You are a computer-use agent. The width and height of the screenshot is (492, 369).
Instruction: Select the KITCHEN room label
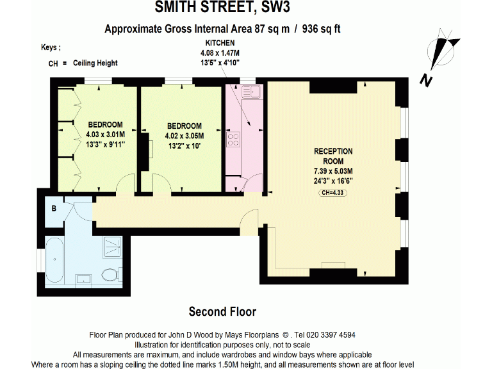(x=215, y=42)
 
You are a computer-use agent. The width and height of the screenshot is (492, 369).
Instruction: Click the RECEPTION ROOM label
(x=333, y=156)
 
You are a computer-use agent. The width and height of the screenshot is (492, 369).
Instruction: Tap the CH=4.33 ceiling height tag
(x=333, y=192)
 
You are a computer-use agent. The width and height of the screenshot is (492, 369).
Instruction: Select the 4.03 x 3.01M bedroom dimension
(x=105, y=135)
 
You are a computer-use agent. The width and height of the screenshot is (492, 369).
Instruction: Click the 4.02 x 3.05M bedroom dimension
(x=184, y=136)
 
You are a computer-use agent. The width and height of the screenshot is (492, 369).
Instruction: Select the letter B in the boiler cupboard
(x=54, y=208)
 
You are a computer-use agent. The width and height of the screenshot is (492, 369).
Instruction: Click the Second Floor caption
(x=222, y=312)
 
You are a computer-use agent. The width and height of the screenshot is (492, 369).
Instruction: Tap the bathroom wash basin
(x=83, y=279)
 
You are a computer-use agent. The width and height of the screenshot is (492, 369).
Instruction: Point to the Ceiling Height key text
(x=95, y=63)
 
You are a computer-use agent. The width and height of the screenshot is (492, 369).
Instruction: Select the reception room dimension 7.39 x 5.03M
(x=333, y=172)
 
